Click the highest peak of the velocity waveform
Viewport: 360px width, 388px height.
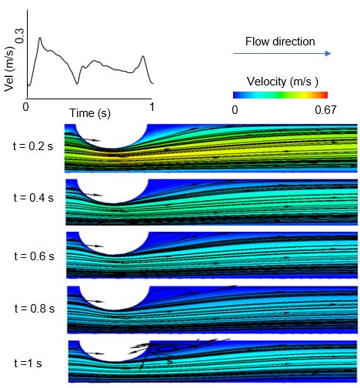(x=40, y=37)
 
